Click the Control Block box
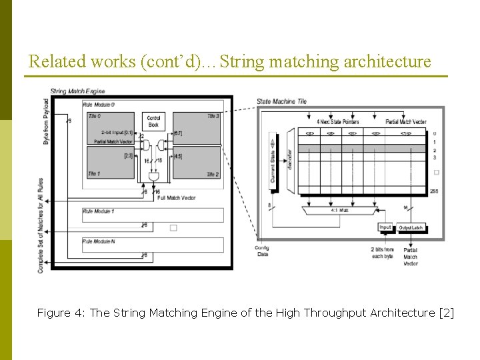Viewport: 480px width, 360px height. pos(153,121)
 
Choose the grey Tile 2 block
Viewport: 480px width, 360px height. pos(197,162)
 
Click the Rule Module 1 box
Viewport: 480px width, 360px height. pos(153,215)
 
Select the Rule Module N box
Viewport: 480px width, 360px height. pos(153,245)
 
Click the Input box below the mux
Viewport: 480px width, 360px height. pos(385,228)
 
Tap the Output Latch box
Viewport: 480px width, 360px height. pos(411,228)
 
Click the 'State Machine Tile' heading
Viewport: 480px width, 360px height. pos(281,101)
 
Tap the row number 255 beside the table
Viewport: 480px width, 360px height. pos(435,191)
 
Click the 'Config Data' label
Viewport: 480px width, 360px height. pos(261,251)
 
